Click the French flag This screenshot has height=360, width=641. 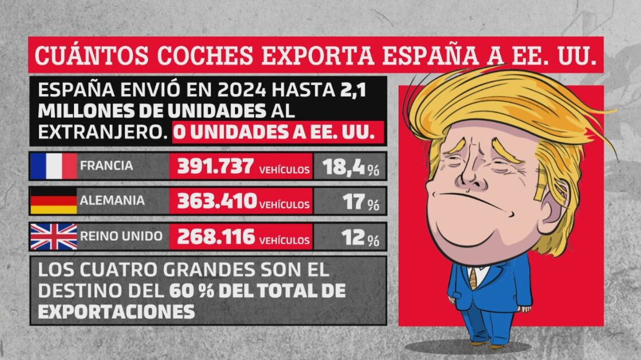pyautogui.click(x=53, y=166)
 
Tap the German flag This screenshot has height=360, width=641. pyautogui.click(x=53, y=201)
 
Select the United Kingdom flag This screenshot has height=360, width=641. pyautogui.click(x=53, y=236)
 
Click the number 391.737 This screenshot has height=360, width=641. pyautogui.click(x=215, y=166)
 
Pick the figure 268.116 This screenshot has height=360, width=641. pyautogui.click(x=216, y=236)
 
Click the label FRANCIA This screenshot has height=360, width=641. pyautogui.click(x=107, y=166)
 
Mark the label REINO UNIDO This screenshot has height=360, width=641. pyautogui.click(x=121, y=236)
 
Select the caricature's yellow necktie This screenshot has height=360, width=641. pyautogui.click(x=473, y=279)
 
